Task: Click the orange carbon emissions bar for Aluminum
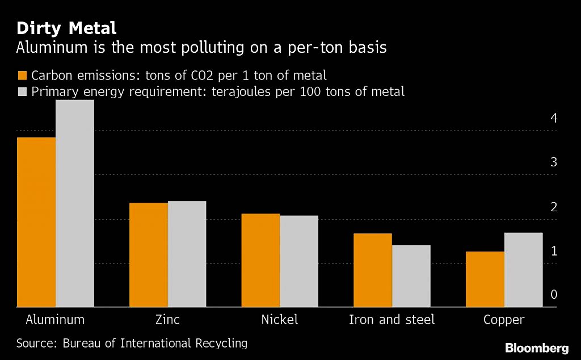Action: click(x=36, y=222)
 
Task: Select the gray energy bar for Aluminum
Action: click(x=74, y=203)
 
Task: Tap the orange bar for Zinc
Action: click(x=149, y=255)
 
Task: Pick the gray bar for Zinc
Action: click(x=187, y=254)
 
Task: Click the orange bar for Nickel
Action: click(x=260, y=260)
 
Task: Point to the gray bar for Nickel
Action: click(x=299, y=261)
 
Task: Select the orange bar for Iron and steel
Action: click(x=373, y=270)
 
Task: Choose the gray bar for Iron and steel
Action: click(x=411, y=276)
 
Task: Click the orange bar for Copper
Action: click(x=485, y=279)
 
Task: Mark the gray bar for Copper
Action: click(x=523, y=270)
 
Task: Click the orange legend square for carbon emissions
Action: click(x=22, y=76)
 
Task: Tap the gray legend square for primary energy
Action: click(x=22, y=91)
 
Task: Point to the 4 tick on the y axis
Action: click(x=554, y=118)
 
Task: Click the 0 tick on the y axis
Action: click(x=554, y=295)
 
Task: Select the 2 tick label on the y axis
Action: click(x=554, y=207)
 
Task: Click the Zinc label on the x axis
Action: click(x=167, y=320)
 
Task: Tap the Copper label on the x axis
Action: click(x=504, y=320)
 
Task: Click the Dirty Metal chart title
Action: click(x=66, y=28)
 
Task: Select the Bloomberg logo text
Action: click(x=537, y=348)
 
